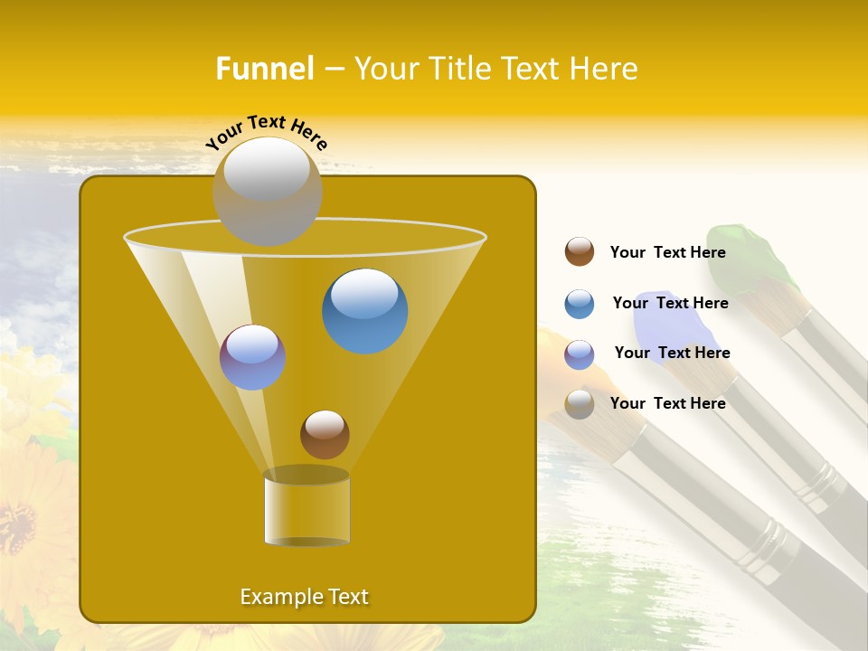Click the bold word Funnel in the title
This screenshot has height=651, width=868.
[x=264, y=69]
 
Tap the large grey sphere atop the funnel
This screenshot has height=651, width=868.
[x=267, y=191]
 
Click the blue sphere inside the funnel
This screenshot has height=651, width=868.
[x=364, y=310]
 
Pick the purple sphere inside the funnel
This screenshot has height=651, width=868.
[x=252, y=357]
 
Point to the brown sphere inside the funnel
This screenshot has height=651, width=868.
[x=325, y=434]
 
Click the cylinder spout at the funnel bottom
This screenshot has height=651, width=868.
[x=307, y=508]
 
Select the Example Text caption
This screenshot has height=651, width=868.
[x=304, y=597]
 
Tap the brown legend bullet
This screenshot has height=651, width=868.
[x=580, y=252]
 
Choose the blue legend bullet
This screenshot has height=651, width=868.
[x=580, y=304]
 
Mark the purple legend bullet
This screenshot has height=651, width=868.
[x=580, y=354]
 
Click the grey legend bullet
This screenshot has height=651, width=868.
[x=580, y=404]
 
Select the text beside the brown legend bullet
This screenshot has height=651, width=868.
[x=667, y=252]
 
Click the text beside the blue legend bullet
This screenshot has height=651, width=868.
[x=670, y=303]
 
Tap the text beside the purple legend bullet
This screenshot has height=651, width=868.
[x=672, y=353]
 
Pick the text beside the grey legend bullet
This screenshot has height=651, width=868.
[x=667, y=403]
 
